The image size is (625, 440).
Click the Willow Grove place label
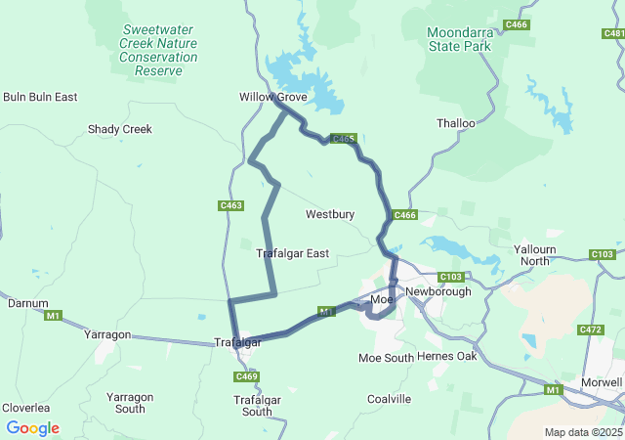pyautogui.click(x=273, y=98)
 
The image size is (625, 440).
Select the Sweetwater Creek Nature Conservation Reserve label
pyautogui.click(x=158, y=50)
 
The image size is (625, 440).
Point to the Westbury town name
pyautogui.click(x=330, y=214)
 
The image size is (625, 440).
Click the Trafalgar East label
pyautogui.click(x=292, y=253)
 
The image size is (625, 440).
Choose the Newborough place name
pyautogui.click(x=437, y=292)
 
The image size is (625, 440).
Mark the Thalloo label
pyautogui.click(x=456, y=123)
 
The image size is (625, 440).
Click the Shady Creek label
pyautogui.click(x=120, y=129)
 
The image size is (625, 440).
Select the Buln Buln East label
pyautogui.click(x=40, y=97)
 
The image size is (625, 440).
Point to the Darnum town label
pyautogui.click(x=27, y=303)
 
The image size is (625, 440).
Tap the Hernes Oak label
pyautogui.click(x=446, y=356)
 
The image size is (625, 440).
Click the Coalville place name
pyautogui.click(x=389, y=399)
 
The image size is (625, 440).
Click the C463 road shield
pyautogui.click(x=230, y=205)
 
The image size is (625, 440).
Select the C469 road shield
pyautogui.click(x=247, y=376)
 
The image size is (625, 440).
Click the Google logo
pyautogui.click(x=32, y=428)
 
